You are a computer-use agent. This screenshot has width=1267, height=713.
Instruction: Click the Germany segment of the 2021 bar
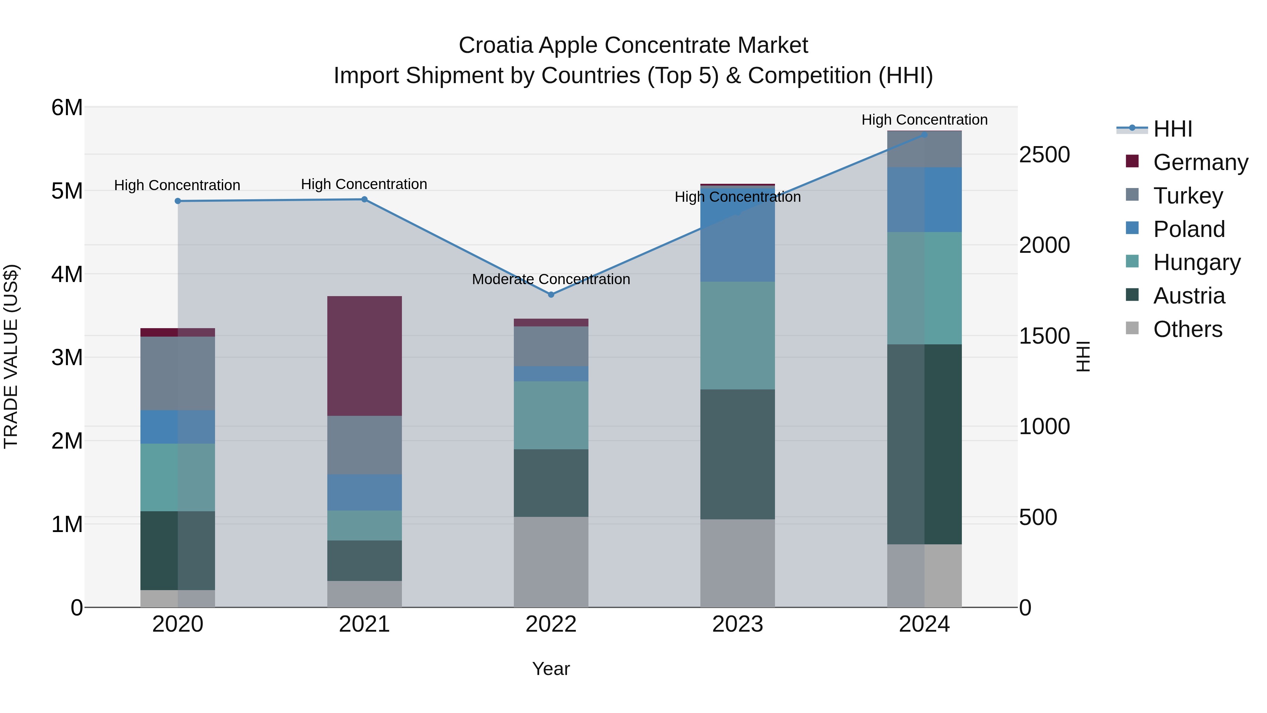click(365, 356)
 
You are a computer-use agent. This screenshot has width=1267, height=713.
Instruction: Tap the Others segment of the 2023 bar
click(737, 563)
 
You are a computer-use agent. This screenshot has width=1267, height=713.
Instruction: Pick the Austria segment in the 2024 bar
click(924, 444)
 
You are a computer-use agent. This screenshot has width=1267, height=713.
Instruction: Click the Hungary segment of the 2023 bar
click(737, 335)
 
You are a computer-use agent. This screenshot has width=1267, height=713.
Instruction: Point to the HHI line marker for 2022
click(551, 295)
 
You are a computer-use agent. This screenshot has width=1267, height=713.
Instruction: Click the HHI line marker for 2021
click(365, 199)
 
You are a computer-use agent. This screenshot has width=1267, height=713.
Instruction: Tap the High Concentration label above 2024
click(924, 120)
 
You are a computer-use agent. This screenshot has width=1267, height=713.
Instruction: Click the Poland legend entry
click(1189, 229)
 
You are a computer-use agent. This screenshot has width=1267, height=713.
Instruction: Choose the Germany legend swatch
click(1132, 161)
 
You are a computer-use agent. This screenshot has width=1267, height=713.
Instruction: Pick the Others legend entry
click(1187, 329)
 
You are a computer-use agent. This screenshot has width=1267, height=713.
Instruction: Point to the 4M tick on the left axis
click(67, 274)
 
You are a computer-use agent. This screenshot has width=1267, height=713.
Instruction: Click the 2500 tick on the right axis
click(1044, 155)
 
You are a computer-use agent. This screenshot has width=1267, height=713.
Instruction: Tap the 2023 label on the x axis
click(737, 624)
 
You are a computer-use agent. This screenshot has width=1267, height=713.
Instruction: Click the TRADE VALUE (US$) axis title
click(11, 356)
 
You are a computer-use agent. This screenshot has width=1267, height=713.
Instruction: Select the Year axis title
click(551, 669)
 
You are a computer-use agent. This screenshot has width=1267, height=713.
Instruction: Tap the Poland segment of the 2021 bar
click(365, 492)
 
